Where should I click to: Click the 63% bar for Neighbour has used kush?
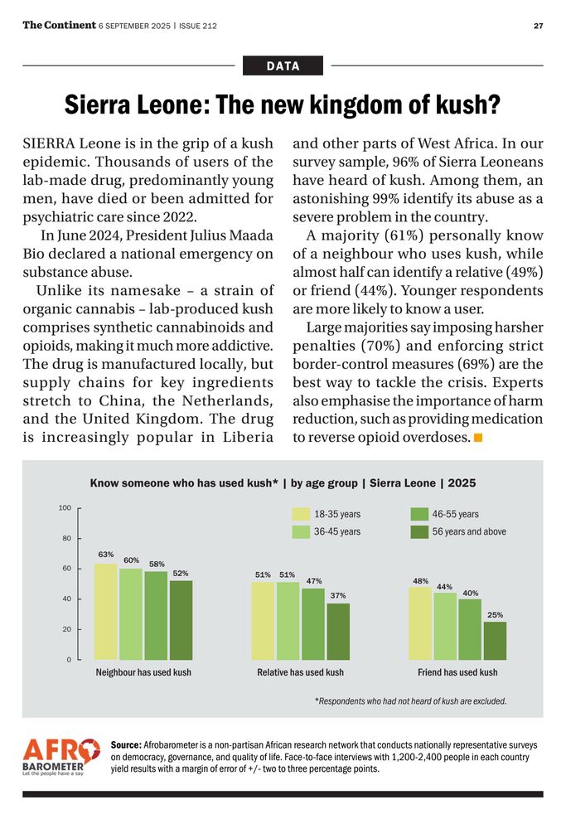point(105,612)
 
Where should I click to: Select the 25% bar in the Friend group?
point(495,641)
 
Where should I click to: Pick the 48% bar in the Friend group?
point(420,623)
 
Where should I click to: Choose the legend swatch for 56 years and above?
point(420,531)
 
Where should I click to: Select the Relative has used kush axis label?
point(300,672)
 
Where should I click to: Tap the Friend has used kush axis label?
point(457,672)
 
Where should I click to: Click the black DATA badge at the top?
point(283,65)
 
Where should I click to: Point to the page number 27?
point(538,26)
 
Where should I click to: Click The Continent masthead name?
point(59,25)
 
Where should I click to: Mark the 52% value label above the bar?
point(181,573)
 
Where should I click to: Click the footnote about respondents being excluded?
point(410,701)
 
